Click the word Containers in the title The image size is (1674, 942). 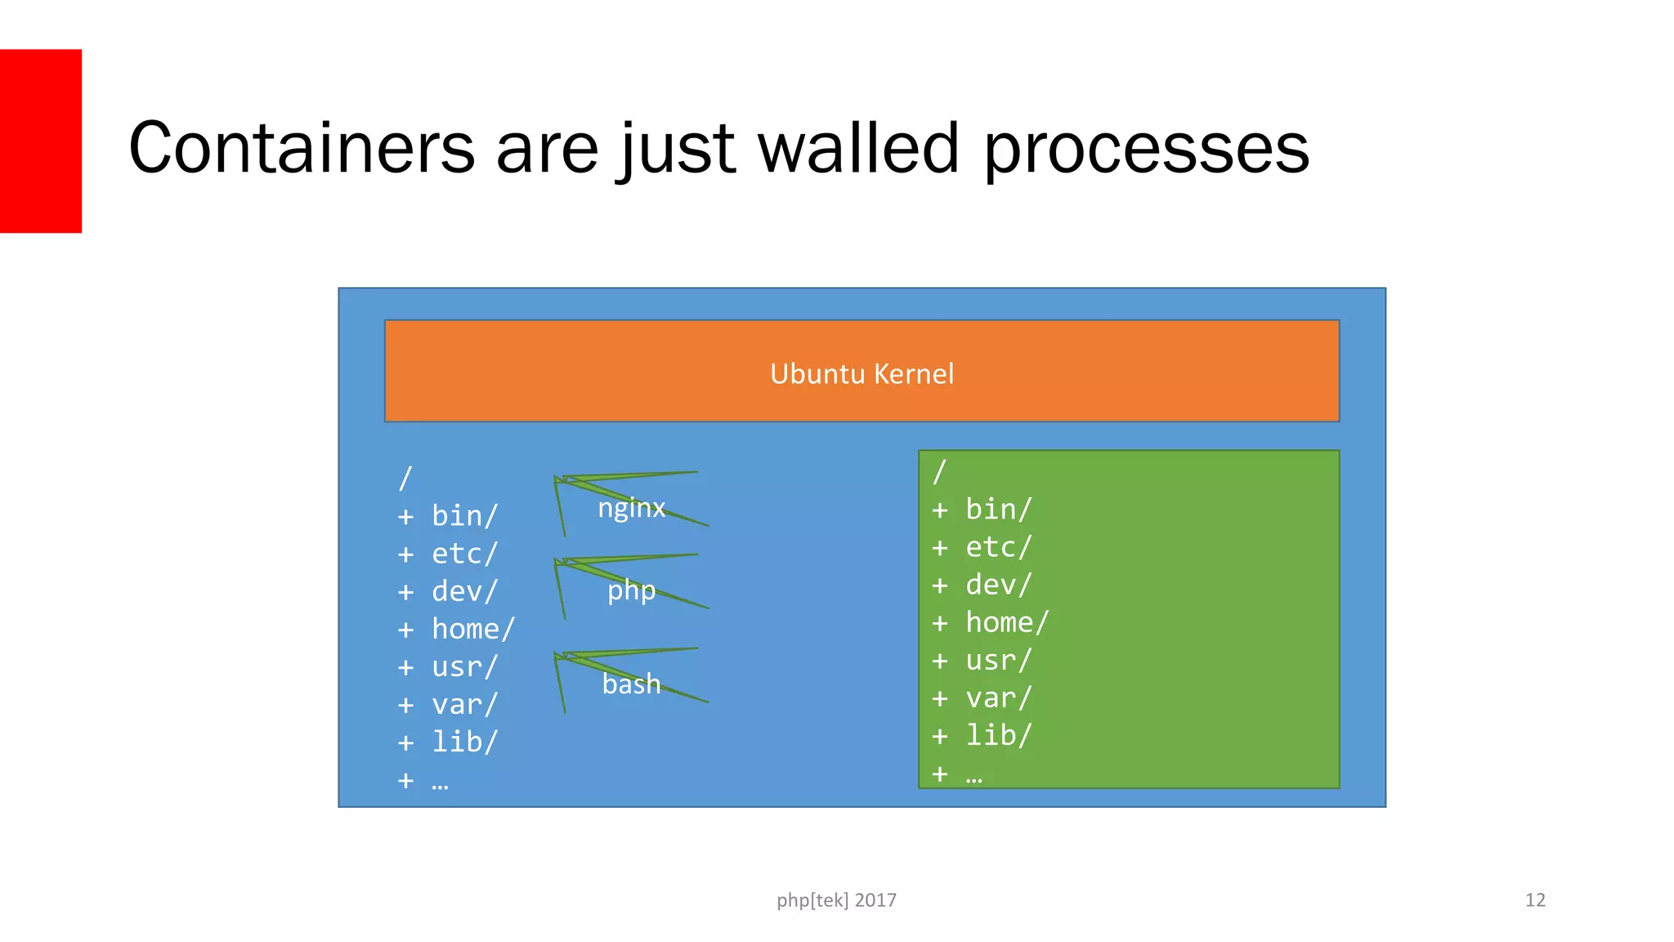tap(302, 149)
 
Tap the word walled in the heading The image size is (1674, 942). tap(857, 149)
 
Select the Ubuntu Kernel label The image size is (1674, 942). tap(862, 374)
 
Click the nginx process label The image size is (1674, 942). tap(631, 509)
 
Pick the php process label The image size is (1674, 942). tap(631, 590)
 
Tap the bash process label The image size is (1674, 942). tap(631, 684)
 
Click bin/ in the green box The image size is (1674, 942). tap(998, 509)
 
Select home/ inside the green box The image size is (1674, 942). tap(1006, 622)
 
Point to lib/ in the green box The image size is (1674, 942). tap(998, 735)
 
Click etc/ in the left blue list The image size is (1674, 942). tap(464, 554)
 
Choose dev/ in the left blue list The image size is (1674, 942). tap(464, 591)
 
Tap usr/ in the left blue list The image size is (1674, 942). tap(464, 666)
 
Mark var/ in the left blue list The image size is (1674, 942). tap(464, 704)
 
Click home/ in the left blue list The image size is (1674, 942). tap(472, 629)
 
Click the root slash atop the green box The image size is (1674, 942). tap(939, 472)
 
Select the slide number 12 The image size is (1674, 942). tap(1534, 900)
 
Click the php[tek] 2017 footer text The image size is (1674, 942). tap(836, 900)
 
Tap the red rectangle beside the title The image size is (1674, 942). tap(40, 141)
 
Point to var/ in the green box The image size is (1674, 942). tap(998, 698)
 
